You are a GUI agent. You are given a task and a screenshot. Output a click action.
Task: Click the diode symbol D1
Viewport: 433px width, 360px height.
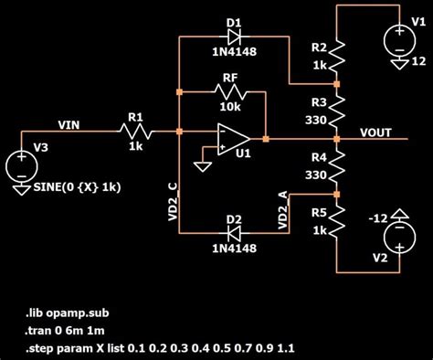(x=234, y=37)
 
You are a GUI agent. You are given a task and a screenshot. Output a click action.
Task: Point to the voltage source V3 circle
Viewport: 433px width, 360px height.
(x=21, y=167)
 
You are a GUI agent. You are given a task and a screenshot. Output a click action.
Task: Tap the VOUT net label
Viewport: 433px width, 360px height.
(x=375, y=132)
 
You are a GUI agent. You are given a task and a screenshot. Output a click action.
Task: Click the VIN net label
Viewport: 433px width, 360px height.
(x=69, y=124)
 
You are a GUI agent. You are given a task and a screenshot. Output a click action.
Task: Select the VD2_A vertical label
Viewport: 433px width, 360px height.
(x=282, y=211)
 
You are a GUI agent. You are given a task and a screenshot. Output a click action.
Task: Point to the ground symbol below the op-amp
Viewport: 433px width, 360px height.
(x=200, y=167)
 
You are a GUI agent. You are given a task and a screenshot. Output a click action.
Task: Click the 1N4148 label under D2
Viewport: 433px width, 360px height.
(x=234, y=249)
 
